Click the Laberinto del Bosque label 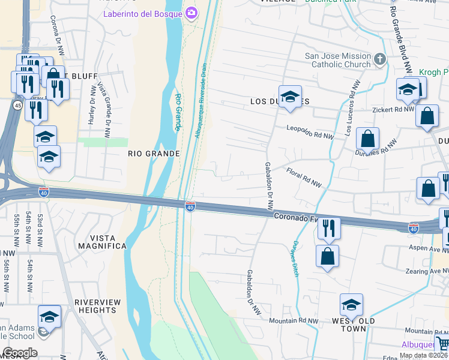pyautogui.click(x=143, y=13)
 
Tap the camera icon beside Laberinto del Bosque pyautogui.click(x=191, y=13)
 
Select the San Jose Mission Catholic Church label pyautogui.click(x=338, y=60)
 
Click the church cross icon pyautogui.click(x=379, y=59)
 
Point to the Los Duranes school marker pyautogui.click(x=290, y=97)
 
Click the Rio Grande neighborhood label pyautogui.click(x=154, y=154)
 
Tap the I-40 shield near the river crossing pyautogui.click(x=190, y=207)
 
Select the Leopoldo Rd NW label pyautogui.click(x=310, y=131)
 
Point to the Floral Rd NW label pyautogui.click(x=304, y=178)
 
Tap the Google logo pyautogui.click(x=20, y=353)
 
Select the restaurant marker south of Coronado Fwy pyautogui.click(x=328, y=228)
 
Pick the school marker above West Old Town pyautogui.click(x=351, y=305)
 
